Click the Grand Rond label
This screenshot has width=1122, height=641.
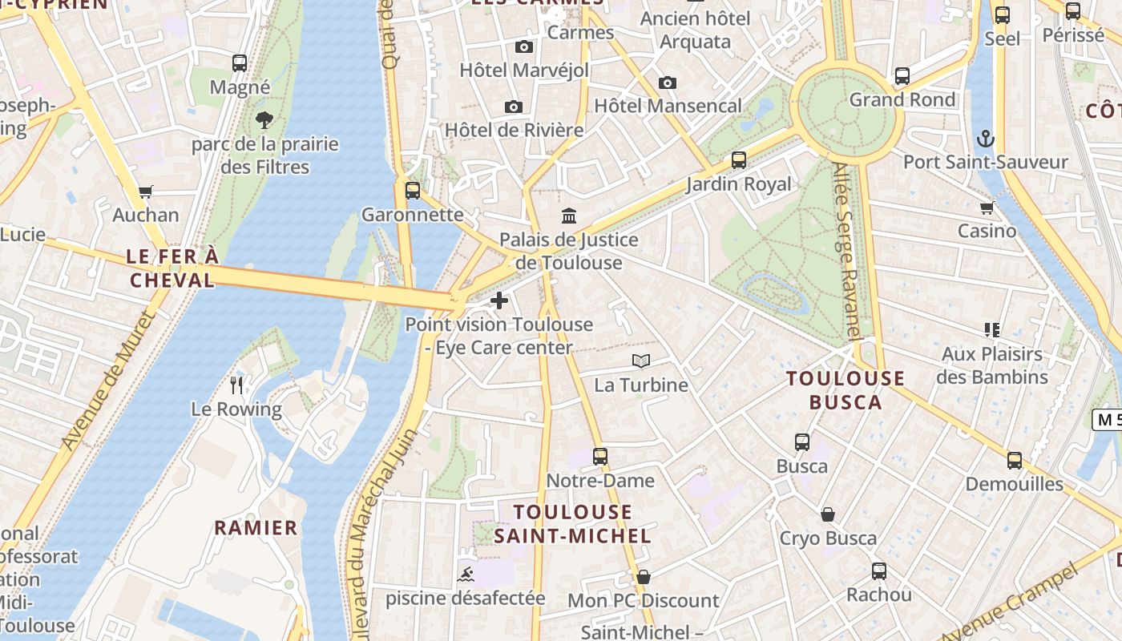pos(902,100)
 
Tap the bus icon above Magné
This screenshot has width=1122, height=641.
pos(239,63)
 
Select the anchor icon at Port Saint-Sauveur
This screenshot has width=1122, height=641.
pos(986,139)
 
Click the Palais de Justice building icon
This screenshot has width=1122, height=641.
pos(569,216)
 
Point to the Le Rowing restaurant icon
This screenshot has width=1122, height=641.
pos(236,385)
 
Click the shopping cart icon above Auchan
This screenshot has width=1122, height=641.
pos(145,191)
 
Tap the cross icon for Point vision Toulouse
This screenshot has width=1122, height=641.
pos(499,301)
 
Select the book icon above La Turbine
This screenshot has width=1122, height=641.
pos(640,361)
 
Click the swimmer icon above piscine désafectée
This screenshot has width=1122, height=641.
pos(465,574)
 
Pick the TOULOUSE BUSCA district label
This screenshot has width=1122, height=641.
pos(846,390)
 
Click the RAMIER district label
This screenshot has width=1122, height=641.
pos(256,528)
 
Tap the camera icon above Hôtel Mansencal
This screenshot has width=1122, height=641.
pos(667,83)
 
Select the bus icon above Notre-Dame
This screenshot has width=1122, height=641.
pos(600,457)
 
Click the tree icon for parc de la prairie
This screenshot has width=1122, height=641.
pos(264,121)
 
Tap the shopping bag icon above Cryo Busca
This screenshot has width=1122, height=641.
pos(828,514)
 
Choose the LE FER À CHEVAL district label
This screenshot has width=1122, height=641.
pos(172,268)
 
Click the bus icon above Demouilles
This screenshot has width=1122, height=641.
pos(1014,461)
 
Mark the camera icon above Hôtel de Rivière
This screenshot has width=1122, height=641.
pos(514,107)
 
